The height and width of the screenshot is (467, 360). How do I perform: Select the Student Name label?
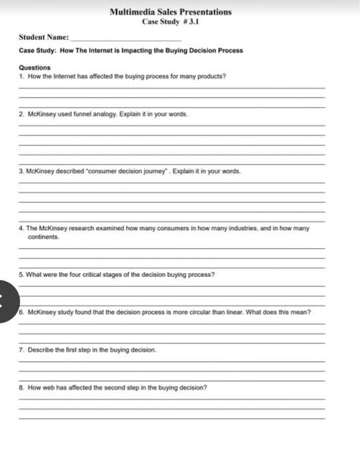[x=43, y=37]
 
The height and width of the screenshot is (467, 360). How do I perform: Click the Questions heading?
[x=35, y=67]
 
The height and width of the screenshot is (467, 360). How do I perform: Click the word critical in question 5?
[x=99, y=274]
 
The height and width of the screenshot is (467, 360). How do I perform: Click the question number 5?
[x=21, y=274]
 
